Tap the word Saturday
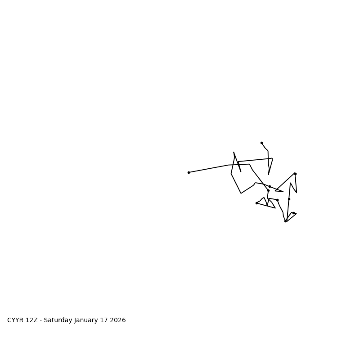57,320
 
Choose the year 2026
117,320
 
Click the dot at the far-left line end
189,172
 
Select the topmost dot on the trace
261,143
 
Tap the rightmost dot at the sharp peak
295,174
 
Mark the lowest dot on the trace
285,221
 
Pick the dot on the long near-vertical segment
289,199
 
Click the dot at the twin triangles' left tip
256,203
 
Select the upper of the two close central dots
270,186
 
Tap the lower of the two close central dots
268,190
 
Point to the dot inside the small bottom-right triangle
293,213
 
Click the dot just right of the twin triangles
277,200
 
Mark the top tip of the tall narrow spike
234,152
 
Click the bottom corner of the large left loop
241,193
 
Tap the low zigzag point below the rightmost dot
297,193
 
